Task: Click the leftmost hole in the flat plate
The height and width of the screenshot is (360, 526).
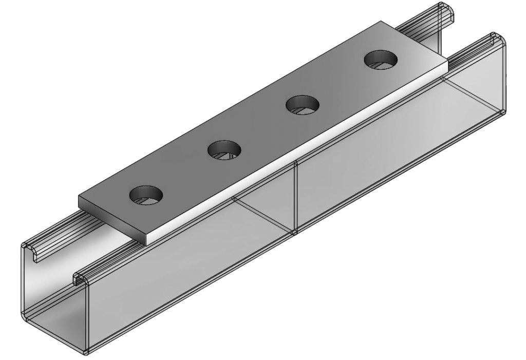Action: [146, 196]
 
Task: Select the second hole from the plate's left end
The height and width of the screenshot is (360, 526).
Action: [224, 150]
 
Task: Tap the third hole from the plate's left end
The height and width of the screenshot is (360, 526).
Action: [303, 106]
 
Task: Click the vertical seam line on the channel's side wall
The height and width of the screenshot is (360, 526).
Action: [295, 198]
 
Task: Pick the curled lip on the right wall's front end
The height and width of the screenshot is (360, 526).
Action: [79, 279]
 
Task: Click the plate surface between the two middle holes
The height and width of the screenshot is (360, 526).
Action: [264, 128]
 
